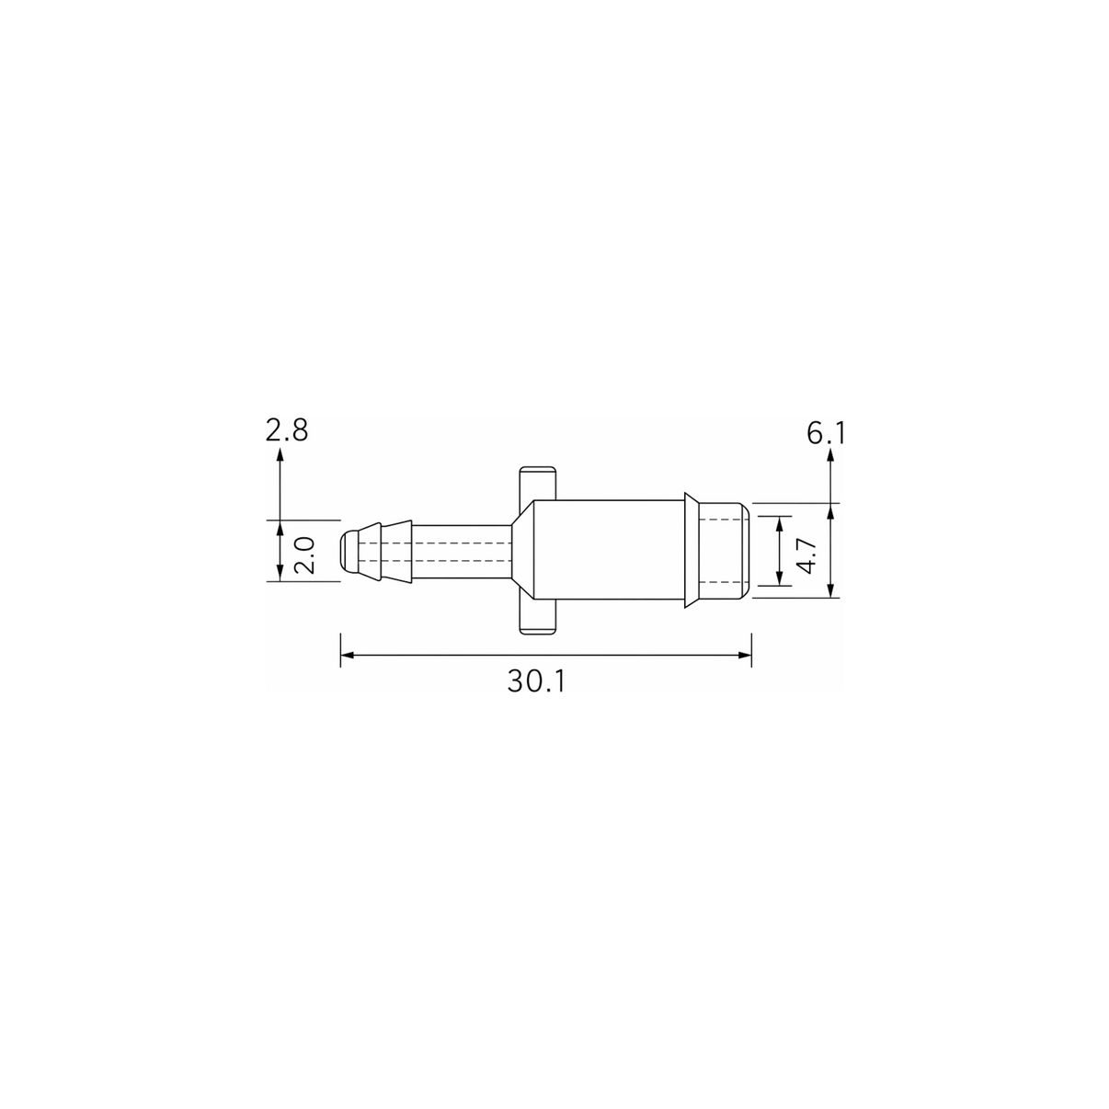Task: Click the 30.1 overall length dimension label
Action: (536, 681)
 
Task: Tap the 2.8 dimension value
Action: (287, 430)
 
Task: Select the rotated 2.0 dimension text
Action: (304, 555)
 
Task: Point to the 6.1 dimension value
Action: (827, 433)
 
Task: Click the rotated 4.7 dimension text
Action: (808, 556)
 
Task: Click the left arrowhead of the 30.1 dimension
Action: (347, 655)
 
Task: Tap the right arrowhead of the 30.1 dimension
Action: (745, 655)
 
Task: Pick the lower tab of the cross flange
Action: (538, 616)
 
